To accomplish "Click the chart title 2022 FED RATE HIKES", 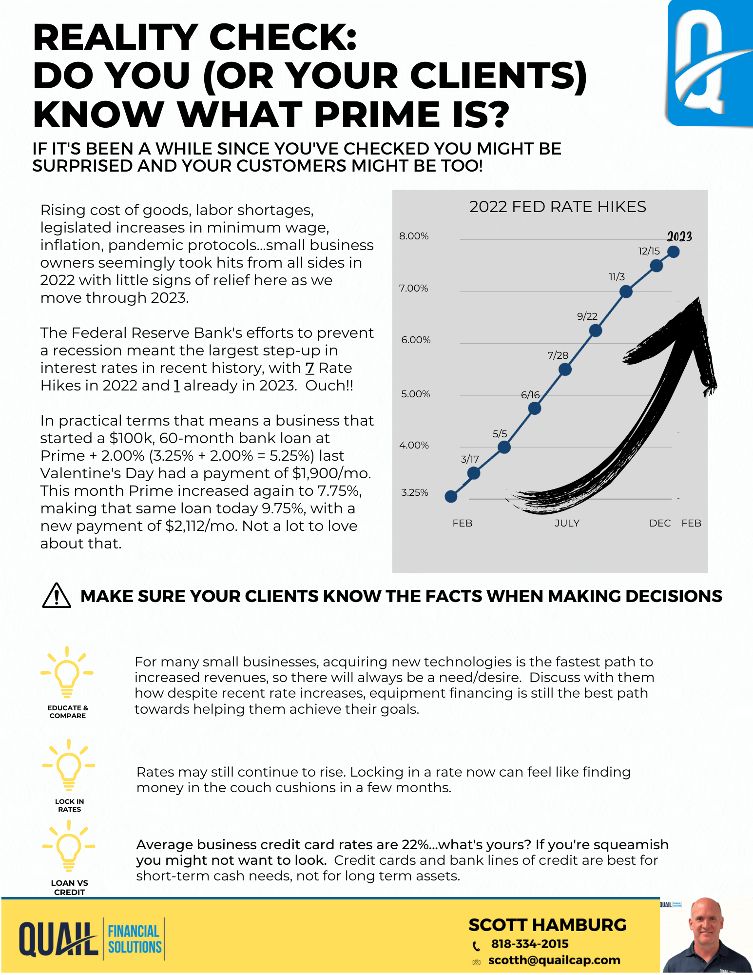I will click(x=558, y=207).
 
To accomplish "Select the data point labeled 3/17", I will click(x=473, y=473).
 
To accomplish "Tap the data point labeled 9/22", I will click(x=595, y=331).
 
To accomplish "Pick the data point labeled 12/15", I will click(x=656, y=266).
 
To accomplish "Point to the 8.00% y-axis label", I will click(x=414, y=236).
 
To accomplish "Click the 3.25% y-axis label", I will click(x=415, y=492).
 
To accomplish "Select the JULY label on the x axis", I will click(x=567, y=523).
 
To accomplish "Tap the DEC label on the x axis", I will click(x=660, y=523).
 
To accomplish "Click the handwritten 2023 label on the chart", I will click(x=679, y=236).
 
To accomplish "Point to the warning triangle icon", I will click(x=57, y=596).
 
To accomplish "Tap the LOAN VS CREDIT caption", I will click(x=69, y=887).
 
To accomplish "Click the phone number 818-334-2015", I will click(x=530, y=944).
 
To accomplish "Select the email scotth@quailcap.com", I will click(x=554, y=960).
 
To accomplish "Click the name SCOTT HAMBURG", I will click(x=547, y=925).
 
